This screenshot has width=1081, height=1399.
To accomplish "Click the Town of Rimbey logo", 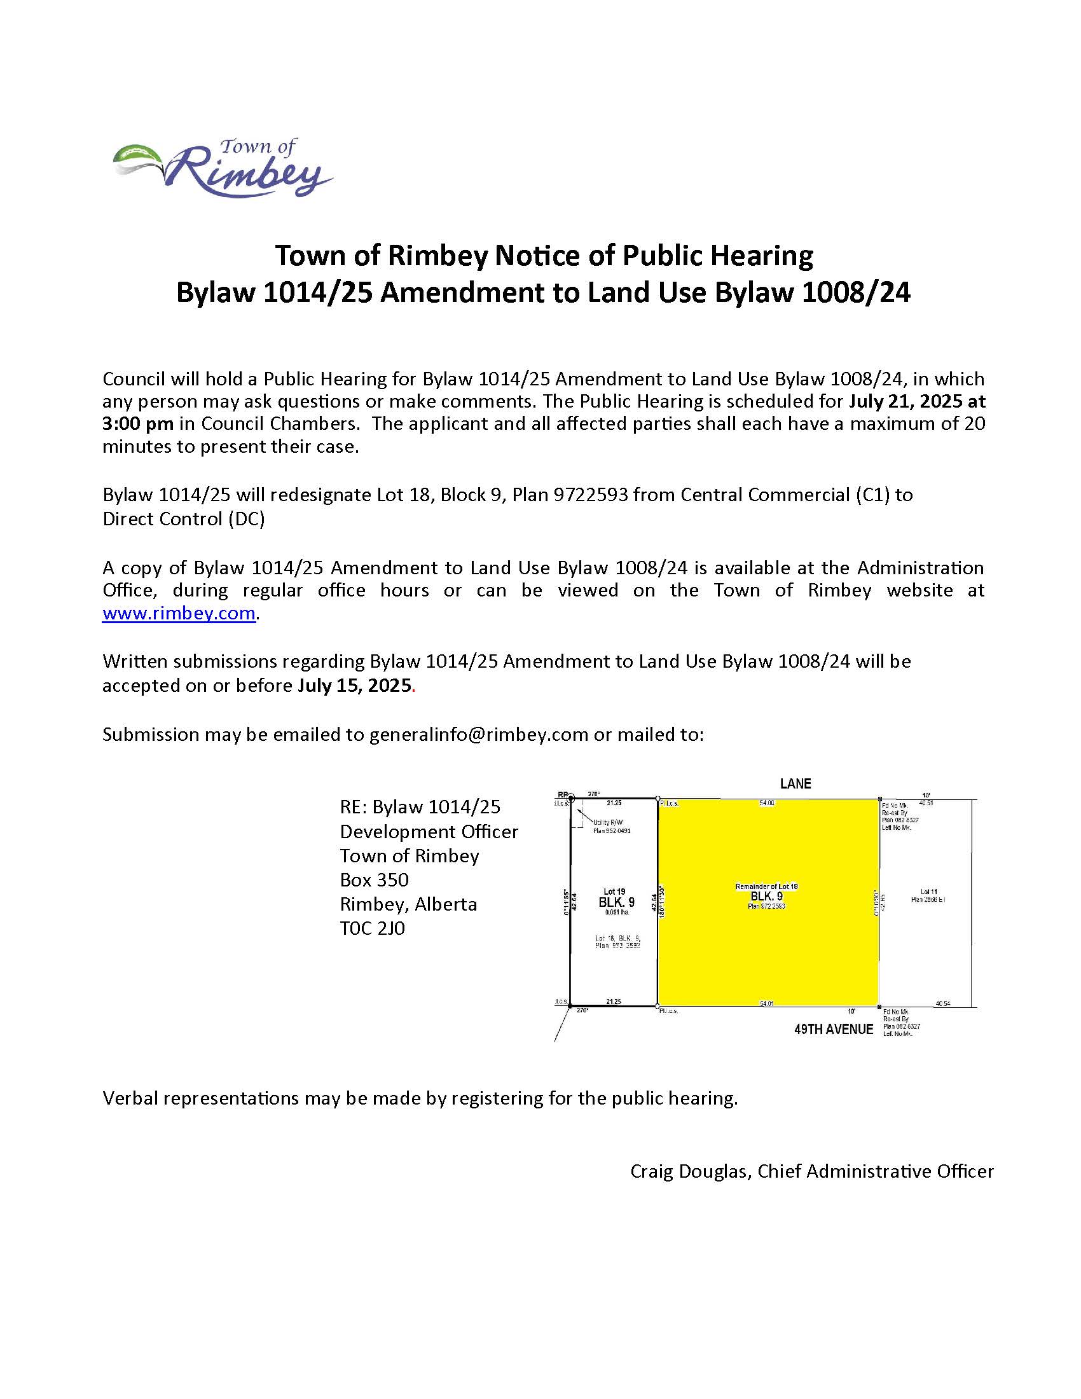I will [223, 168].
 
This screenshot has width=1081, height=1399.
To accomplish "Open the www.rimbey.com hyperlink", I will [179, 613].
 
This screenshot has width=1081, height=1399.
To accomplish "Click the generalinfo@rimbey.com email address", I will [478, 734].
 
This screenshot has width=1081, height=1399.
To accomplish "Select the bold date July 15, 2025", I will [354, 686].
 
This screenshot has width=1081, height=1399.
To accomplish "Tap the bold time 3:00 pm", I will [138, 424].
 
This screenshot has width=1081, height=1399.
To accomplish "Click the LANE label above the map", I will [795, 783].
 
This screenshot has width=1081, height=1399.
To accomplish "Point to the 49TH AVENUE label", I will [833, 1029].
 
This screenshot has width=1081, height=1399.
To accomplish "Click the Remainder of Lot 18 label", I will [766, 886].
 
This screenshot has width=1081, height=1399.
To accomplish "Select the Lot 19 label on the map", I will [614, 891].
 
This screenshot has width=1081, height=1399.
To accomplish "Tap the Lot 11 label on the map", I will [928, 891].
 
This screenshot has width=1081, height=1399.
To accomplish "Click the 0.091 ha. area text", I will [617, 912].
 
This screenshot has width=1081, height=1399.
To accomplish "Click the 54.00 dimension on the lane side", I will [767, 803].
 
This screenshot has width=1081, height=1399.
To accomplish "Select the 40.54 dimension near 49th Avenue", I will [942, 1003].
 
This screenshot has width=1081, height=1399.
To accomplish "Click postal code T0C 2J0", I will [372, 928].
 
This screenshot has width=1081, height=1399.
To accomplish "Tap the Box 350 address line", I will [374, 879].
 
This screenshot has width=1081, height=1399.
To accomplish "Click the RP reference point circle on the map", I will [572, 798].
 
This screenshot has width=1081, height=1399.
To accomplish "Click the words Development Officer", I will [429, 832].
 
